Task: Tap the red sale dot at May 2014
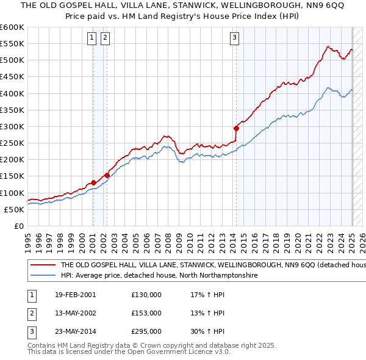pos(237,128)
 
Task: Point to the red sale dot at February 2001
pos(93,182)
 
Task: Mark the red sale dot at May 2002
pos(107,175)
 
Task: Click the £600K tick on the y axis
pos(12,27)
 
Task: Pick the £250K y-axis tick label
pos(12,143)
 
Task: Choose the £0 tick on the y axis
pos(20,226)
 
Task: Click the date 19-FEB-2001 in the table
pos(76,295)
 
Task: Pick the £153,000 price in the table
pos(146,314)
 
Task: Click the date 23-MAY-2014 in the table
pos(76,333)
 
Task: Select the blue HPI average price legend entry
pos(159,276)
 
